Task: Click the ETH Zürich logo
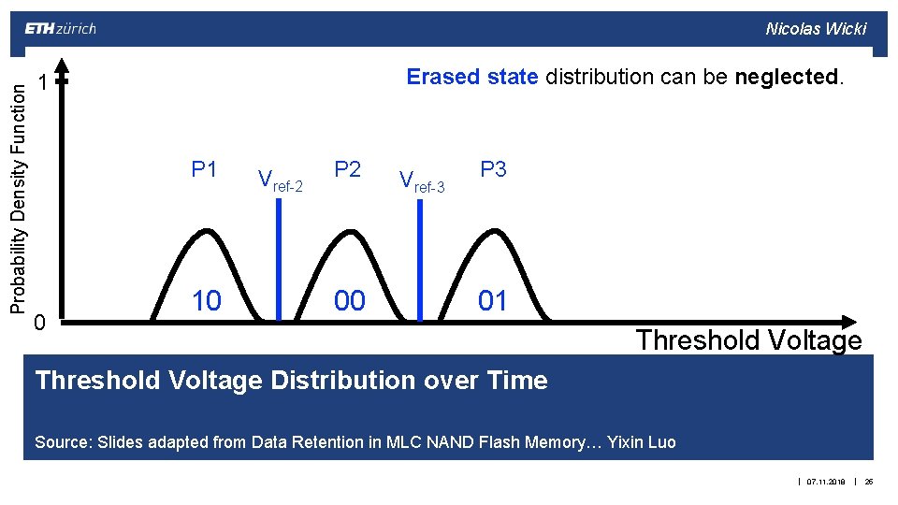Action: (x=60, y=28)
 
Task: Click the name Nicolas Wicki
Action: (x=816, y=28)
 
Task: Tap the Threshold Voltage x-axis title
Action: (x=748, y=339)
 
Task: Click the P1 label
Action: (x=204, y=169)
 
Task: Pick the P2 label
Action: (x=347, y=169)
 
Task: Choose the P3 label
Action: (x=493, y=169)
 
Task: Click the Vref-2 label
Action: (x=280, y=180)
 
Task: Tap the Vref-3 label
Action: (x=422, y=180)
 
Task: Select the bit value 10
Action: (x=207, y=300)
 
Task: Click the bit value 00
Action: (x=350, y=300)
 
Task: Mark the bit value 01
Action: (x=493, y=300)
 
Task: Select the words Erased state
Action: (x=472, y=77)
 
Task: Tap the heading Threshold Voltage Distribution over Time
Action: (x=291, y=381)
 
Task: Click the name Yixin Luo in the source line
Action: (x=641, y=441)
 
